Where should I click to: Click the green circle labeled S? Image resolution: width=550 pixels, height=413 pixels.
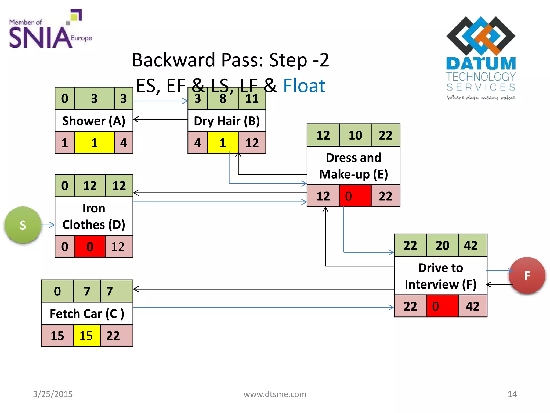(23, 225)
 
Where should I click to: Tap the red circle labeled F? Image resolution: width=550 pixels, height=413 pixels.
(527, 276)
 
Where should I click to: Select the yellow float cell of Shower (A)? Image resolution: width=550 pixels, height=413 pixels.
(94, 143)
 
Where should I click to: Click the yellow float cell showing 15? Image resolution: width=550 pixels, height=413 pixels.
(86, 336)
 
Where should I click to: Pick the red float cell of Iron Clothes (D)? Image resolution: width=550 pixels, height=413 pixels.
(90, 247)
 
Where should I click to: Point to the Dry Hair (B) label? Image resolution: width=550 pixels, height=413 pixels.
(227, 121)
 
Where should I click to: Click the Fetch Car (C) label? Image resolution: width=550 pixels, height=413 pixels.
(87, 314)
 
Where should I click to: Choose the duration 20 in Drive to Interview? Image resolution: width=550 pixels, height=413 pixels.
(442, 245)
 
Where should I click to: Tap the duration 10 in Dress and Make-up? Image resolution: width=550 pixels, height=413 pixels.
(355, 135)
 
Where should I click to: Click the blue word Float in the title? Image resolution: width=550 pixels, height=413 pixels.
(304, 86)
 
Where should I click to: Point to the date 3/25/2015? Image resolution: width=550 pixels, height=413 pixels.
(53, 394)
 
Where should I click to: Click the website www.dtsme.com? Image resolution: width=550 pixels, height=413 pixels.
(275, 394)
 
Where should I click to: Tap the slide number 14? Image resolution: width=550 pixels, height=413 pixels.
(512, 394)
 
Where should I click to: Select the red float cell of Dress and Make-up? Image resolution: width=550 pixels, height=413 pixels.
(355, 196)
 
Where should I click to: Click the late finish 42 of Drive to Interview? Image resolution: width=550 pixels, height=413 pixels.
(472, 306)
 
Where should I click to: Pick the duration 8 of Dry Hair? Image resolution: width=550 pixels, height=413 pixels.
(223, 99)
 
